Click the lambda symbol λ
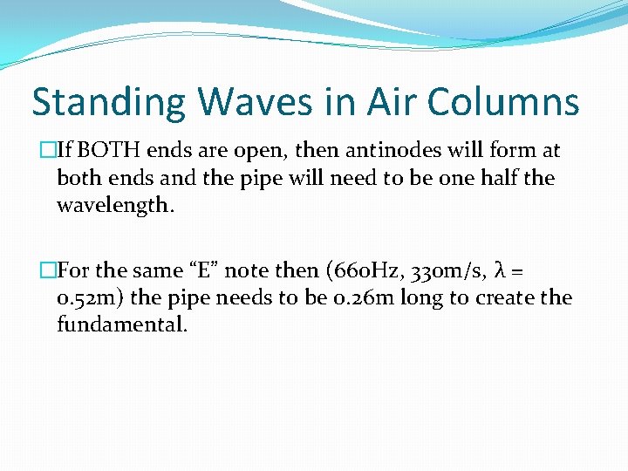coord(502,271)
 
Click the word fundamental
coord(122,325)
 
